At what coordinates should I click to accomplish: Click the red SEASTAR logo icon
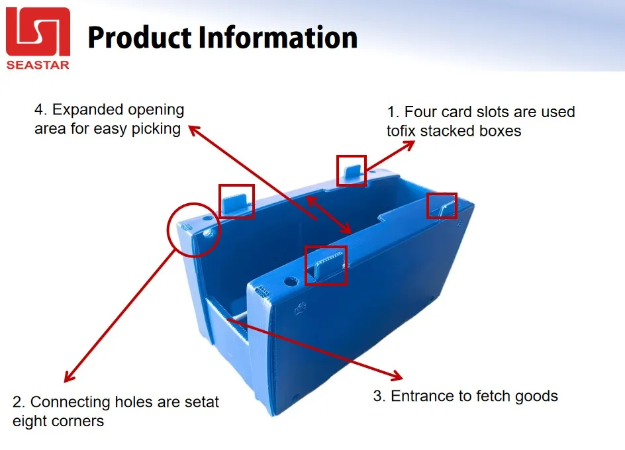pyautogui.click(x=38, y=32)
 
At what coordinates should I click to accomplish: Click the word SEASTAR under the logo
pyautogui.click(x=38, y=64)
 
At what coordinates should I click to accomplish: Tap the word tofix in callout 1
pyautogui.click(x=402, y=131)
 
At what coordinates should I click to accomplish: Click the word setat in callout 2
pyautogui.click(x=199, y=402)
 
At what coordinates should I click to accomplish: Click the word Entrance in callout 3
pyautogui.click(x=420, y=396)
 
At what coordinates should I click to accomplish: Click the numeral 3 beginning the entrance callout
pyautogui.click(x=378, y=396)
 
